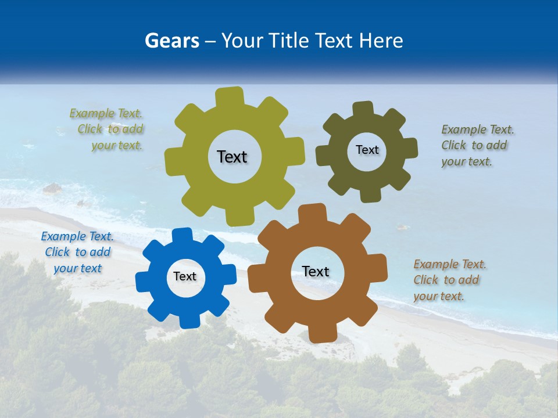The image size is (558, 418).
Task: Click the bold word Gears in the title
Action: [171, 41]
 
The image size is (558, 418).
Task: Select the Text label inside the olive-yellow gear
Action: [232, 157]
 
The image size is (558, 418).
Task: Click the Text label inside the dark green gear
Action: [367, 150]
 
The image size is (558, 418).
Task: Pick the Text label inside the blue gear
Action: [185, 276]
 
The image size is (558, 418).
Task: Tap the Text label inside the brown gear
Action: [316, 271]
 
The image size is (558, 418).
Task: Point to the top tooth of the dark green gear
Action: [363, 109]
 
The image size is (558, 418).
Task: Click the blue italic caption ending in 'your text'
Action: [77, 253]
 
